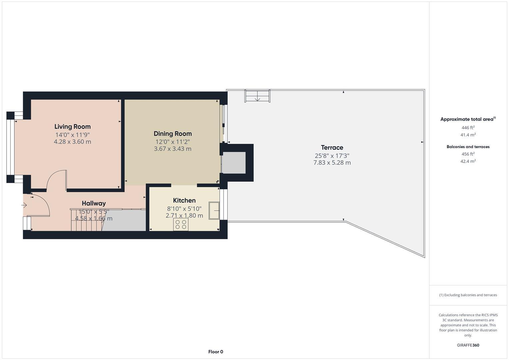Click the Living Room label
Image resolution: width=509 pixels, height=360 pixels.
(x=72, y=127)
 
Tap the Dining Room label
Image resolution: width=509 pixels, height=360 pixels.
(x=172, y=134)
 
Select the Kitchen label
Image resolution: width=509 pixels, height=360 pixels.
(x=184, y=200)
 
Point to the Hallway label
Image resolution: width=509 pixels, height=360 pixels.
(x=94, y=203)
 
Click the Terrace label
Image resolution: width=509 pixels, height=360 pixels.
(x=332, y=147)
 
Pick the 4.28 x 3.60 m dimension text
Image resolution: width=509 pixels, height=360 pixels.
(x=72, y=142)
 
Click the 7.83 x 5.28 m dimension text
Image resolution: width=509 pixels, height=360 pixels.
(x=332, y=163)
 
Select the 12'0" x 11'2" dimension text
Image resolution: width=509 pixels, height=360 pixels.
(x=172, y=142)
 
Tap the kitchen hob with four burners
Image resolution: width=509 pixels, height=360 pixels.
(x=181, y=224)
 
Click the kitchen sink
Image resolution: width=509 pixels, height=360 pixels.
(x=214, y=210)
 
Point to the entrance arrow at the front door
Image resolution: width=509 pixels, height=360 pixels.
(x=24, y=205)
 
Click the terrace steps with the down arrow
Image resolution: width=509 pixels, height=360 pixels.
(x=257, y=96)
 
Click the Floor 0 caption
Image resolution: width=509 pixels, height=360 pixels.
(x=216, y=352)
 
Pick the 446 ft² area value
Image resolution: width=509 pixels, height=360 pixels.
(x=468, y=128)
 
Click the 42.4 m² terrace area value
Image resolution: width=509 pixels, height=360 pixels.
(x=468, y=161)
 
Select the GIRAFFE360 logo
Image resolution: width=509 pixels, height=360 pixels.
(x=468, y=345)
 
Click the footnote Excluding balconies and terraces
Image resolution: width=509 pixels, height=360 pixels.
(x=468, y=295)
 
